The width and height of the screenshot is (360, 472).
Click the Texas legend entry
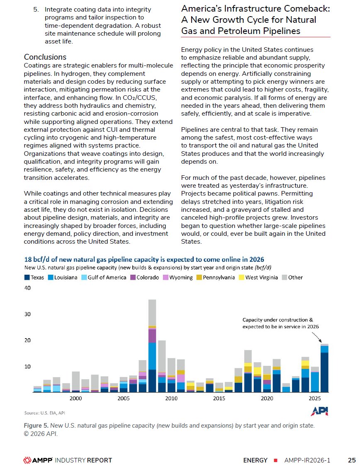tap(37, 277)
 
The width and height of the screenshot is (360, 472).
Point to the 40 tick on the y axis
tap(27, 288)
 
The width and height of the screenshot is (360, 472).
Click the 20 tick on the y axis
tap(27, 340)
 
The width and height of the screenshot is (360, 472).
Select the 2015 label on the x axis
tap(219, 399)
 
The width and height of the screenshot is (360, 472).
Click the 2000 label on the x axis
tap(75, 399)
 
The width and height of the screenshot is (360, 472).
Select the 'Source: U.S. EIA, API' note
tap(44, 413)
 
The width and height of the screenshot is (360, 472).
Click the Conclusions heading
tap(45, 57)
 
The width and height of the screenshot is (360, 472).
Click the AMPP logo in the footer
tap(37, 460)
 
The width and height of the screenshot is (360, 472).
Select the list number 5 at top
tap(36, 9)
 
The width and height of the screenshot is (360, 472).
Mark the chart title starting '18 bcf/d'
tap(144, 260)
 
